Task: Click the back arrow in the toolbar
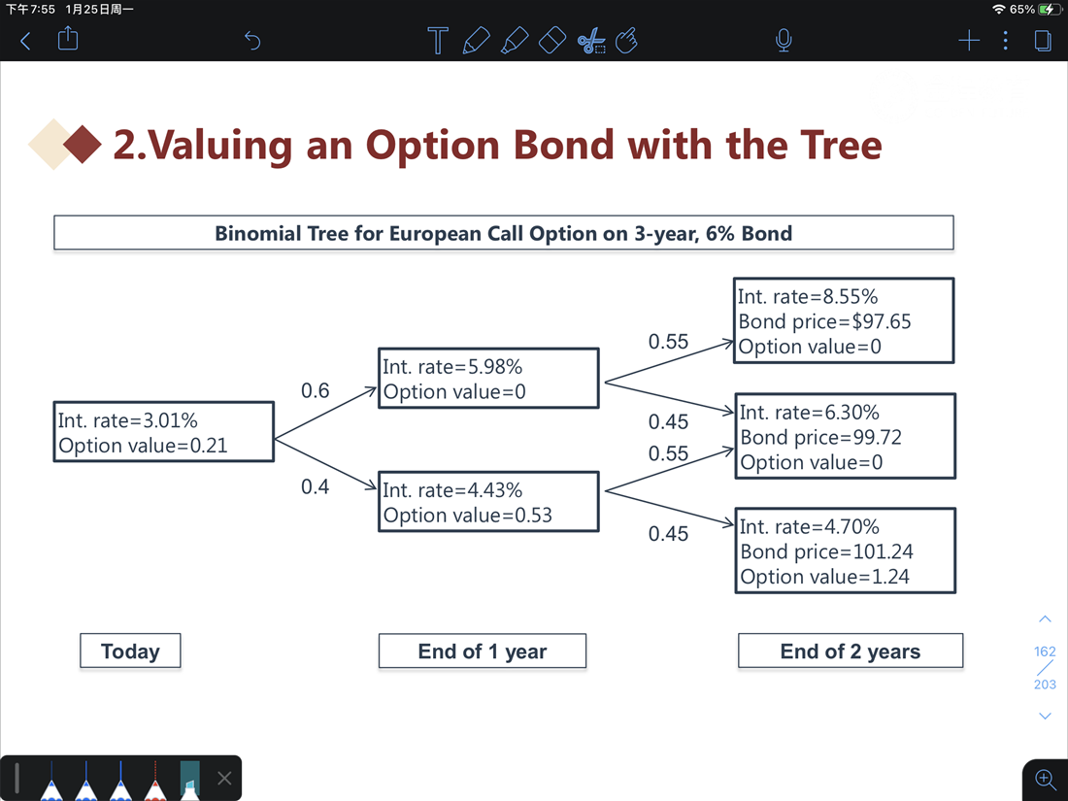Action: pos(25,41)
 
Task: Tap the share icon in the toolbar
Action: pos(68,38)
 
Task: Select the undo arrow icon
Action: pos(252,41)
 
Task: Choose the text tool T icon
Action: pos(438,40)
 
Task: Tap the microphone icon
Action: pos(784,40)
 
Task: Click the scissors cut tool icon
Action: pos(591,40)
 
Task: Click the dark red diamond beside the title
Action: pos(83,145)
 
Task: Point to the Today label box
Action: pos(130,651)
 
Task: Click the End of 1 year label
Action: pos(483,651)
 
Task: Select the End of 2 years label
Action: pos(851,651)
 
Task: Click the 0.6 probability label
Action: pos(316,391)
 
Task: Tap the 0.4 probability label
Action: pos(316,487)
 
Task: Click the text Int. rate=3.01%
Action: pos(128,420)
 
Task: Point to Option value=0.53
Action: pos(467,515)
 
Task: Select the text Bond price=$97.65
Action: pos(825,321)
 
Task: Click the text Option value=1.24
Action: pos(825,577)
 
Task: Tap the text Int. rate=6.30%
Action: pos(810,412)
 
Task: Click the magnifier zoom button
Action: pos(1045,780)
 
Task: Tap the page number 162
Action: pos(1045,651)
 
